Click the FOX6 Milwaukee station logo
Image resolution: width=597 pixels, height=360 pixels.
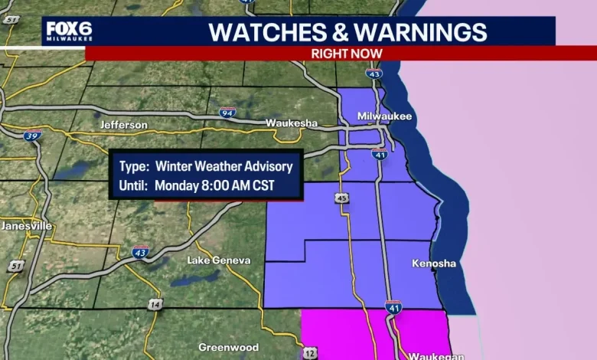point(69,31)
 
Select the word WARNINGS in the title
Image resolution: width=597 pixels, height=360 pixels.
point(420,32)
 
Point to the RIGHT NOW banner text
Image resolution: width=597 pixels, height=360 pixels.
point(347,53)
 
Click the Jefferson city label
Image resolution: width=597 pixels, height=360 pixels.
point(123,125)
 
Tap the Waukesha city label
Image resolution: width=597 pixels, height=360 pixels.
point(291,123)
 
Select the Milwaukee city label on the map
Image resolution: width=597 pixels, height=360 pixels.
point(385,116)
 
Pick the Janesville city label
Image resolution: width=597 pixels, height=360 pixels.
point(26,226)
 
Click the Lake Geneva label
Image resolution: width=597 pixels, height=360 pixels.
point(219,260)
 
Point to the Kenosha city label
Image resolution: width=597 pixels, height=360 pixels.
point(433,263)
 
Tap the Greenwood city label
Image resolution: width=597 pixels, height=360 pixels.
point(228,347)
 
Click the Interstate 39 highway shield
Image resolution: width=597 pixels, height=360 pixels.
point(32,136)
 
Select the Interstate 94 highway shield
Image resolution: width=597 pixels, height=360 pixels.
point(227,113)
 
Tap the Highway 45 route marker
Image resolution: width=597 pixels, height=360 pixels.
point(341,198)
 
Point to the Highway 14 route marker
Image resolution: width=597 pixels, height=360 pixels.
point(156,305)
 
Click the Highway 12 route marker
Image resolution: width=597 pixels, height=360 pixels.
point(310,353)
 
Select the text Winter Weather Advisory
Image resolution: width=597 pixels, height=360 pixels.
point(223,165)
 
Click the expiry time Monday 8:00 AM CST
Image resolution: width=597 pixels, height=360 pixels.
point(214,185)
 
